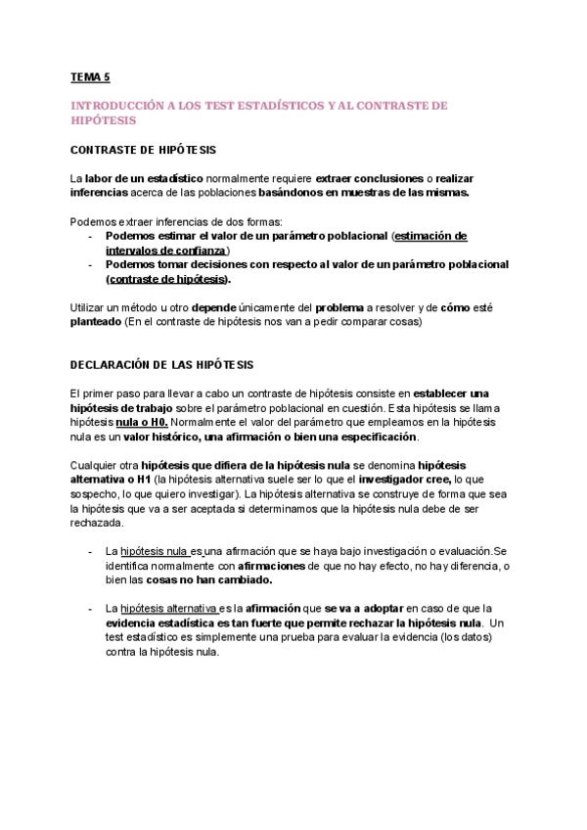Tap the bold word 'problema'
(339, 306)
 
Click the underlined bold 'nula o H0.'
(157, 422)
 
